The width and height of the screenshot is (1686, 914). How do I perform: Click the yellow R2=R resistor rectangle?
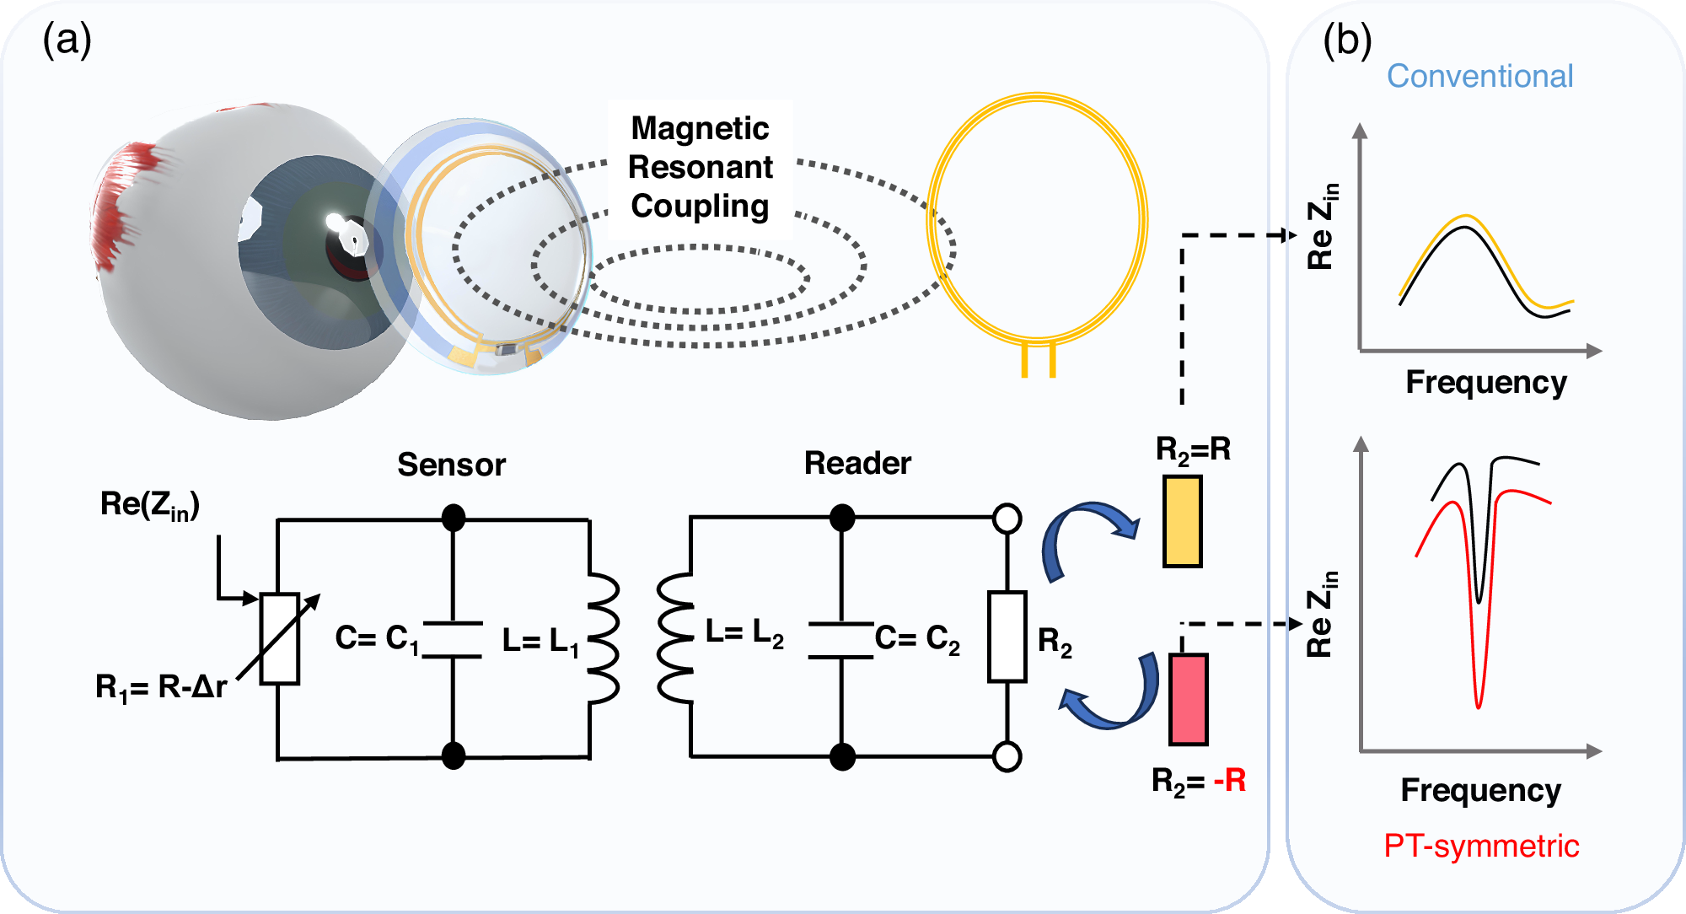pos(1182,521)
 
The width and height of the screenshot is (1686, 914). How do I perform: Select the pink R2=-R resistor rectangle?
pos(1188,699)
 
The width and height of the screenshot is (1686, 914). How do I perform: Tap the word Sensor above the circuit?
pos(451,465)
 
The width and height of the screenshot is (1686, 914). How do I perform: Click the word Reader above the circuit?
pos(857,463)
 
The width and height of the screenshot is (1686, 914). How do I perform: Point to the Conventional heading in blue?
pos(1479,76)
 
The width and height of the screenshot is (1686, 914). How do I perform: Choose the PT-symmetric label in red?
pos(1481,845)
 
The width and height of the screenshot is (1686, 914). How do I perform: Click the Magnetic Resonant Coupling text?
pos(700,167)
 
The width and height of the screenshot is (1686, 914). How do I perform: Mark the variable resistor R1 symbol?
pos(280,637)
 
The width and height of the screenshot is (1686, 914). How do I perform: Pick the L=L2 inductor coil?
pos(675,638)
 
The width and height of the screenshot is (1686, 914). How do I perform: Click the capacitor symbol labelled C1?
pos(453,639)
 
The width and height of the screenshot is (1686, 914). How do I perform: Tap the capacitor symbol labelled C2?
pos(840,639)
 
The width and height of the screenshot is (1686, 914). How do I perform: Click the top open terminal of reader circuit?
pos(1007,518)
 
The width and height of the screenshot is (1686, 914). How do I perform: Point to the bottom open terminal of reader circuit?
pos(1007,756)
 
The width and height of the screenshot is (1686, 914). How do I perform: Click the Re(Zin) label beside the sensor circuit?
pos(150,504)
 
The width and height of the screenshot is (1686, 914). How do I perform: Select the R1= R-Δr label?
pos(160,687)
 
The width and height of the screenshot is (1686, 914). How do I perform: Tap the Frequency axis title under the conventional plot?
pos(1485,382)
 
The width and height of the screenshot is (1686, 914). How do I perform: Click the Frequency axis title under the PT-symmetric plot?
pos(1480,790)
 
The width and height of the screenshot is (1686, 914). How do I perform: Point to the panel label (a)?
pos(67,40)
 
